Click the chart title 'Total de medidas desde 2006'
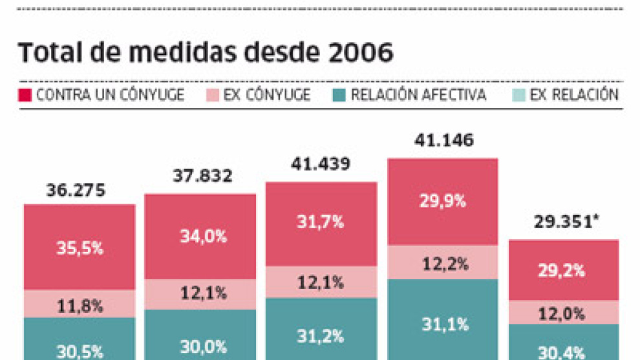pyautogui.click(x=205, y=53)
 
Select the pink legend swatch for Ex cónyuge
pyautogui.click(x=212, y=96)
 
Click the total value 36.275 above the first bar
pyautogui.click(x=76, y=191)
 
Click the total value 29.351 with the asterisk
pyautogui.click(x=563, y=223)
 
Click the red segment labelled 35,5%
pyautogui.click(x=80, y=248)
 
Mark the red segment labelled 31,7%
pyautogui.click(x=321, y=224)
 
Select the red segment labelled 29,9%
pyautogui.click(x=443, y=201)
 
